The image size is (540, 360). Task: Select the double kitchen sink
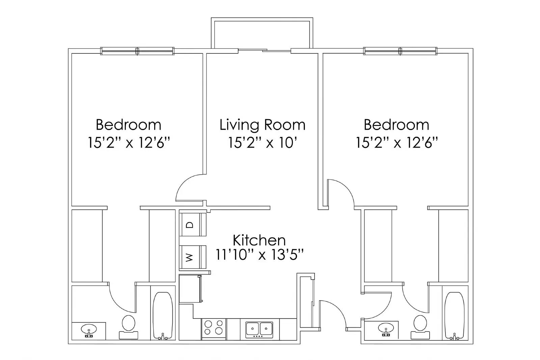pos(259,328)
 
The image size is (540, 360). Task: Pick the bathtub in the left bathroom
pos(163,316)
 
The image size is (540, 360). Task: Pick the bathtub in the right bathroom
pos(454,316)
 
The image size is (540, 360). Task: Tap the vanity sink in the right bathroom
pos(386,329)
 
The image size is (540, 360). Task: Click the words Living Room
pos(262,125)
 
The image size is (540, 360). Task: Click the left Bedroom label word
pos(128,125)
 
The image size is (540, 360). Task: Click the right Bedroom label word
pos(396,125)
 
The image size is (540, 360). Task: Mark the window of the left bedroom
pos(137,51)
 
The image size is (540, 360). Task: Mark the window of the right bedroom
pos(400,51)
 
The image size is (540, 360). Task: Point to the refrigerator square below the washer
pos(190,289)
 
